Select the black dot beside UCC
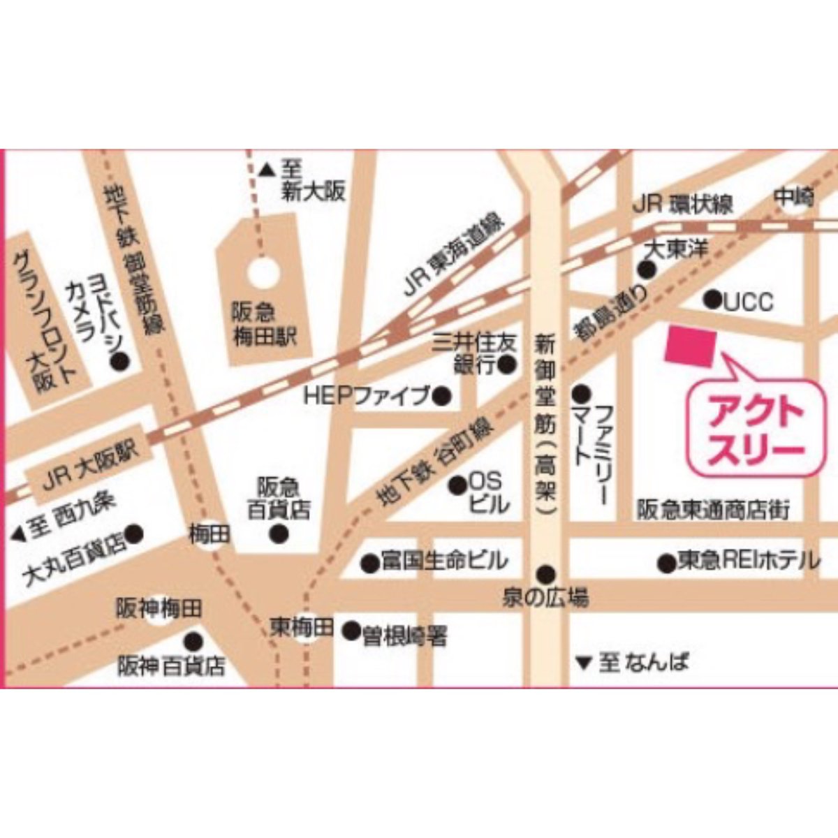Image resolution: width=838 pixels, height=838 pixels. pos(712,300)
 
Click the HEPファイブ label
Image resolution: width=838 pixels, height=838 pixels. pos(367,397)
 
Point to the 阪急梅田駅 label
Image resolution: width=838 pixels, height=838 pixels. pos(263,325)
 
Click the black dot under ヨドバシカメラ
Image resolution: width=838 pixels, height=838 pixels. pos(121,361)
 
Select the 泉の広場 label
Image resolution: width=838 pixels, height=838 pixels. pos(545,598)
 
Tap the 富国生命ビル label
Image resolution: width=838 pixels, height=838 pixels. pos(444,561)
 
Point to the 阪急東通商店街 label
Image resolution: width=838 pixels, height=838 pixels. pos(712,510)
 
